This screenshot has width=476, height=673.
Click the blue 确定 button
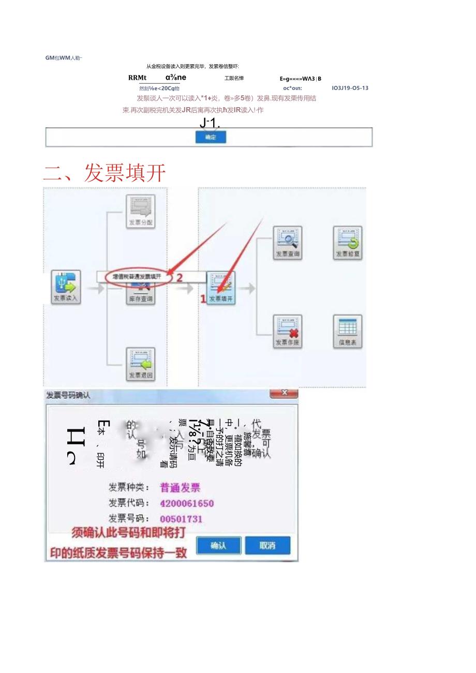point(211,137)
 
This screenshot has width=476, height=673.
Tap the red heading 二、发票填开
point(105,173)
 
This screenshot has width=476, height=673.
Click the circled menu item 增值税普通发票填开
point(138,277)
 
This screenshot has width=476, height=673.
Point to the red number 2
point(180,277)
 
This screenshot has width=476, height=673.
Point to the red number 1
point(203,298)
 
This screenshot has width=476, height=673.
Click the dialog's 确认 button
point(218,545)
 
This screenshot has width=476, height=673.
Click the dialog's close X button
point(284,393)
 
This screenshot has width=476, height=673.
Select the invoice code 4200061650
point(187,503)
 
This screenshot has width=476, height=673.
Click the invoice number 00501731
point(181,519)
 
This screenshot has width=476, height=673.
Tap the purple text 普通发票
point(180,487)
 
